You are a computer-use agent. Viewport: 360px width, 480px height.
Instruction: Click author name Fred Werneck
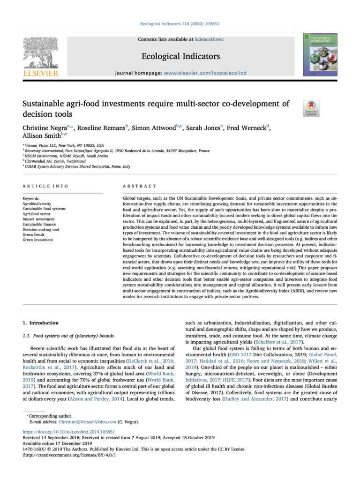[x=246, y=128]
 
